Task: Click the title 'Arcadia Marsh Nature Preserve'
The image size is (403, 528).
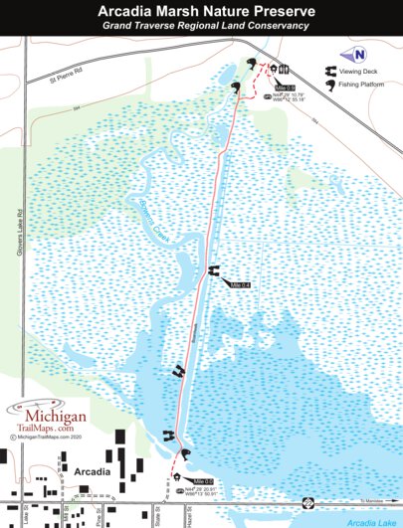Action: click(201, 11)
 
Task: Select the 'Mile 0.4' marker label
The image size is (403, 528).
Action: click(240, 285)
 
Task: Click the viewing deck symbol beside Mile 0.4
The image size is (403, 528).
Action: click(213, 270)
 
